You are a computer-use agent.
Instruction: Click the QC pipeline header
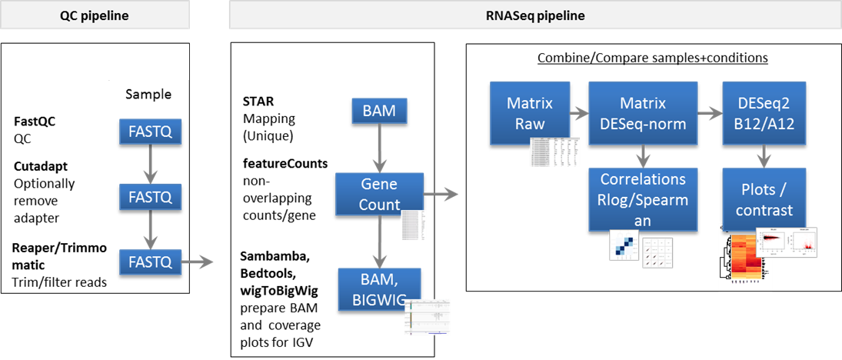pyautogui.click(x=95, y=15)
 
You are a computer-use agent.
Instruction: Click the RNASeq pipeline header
pyautogui.click(x=534, y=15)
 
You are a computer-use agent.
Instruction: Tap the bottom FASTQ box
pyautogui.click(x=150, y=262)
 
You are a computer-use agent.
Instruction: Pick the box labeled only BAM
pyautogui.click(x=379, y=111)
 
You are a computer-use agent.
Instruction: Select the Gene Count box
pyautogui.click(x=379, y=194)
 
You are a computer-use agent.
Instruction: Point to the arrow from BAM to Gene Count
pyautogui.click(x=379, y=147)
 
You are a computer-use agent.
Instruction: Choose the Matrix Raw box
pyautogui.click(x=525, y=113)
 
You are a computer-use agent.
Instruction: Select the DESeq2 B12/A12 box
pyautogui.click(x=764, y=113)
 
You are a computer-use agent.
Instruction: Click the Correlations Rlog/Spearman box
pyautogui.click(x=643, y=199)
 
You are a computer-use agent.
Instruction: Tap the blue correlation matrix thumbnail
pyautogui.click(x=624, y=245)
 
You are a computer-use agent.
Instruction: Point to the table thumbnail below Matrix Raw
pyautogui.click(x=556, y=151)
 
